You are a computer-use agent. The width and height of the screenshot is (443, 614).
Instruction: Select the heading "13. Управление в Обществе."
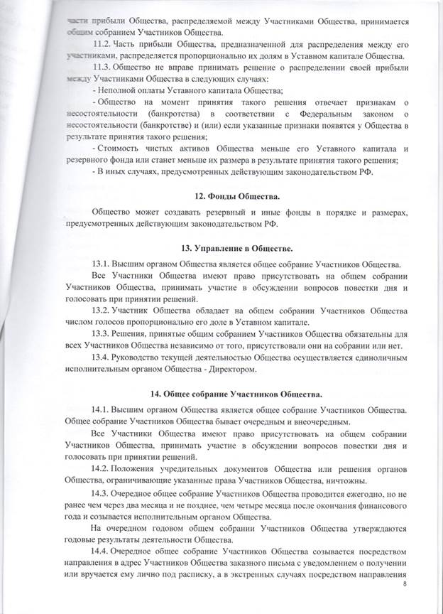[221, 248]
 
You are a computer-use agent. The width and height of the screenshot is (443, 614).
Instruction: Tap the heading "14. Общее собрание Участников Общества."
[221, 394]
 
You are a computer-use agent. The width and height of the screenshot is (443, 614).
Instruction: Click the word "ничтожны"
[321, 481]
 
